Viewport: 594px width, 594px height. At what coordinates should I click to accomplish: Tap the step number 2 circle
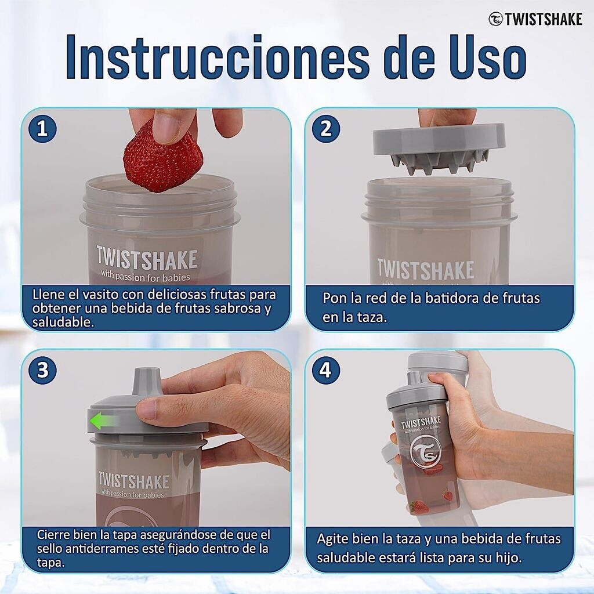326,128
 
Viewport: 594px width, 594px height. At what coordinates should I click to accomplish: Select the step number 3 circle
42,370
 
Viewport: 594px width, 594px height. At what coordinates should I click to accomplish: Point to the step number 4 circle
326,370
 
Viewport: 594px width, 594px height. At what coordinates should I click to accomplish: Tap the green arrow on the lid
102,421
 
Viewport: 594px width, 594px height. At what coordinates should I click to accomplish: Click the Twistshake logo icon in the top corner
495,19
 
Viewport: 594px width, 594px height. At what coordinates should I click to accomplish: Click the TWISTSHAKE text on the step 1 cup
147,259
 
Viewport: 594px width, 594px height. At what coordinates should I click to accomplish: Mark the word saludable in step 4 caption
343,557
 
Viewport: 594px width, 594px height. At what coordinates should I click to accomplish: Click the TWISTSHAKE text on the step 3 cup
134,481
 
